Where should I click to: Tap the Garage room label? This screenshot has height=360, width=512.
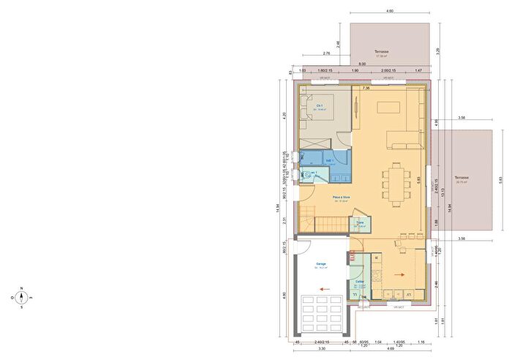(x=320, y=265)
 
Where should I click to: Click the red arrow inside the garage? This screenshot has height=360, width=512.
(x=323, y=289)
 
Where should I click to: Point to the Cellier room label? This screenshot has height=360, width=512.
(x=360, y=282)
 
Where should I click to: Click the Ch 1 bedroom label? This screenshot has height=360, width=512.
(x=320, y=107)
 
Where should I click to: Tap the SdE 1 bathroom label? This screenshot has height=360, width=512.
(x=329, y=160)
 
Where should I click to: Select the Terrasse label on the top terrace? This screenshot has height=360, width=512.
(x=381, y=52)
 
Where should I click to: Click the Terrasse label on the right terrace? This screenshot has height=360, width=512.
(x=460, y=179)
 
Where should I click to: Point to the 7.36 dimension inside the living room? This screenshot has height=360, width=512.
(x=366, y=89)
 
